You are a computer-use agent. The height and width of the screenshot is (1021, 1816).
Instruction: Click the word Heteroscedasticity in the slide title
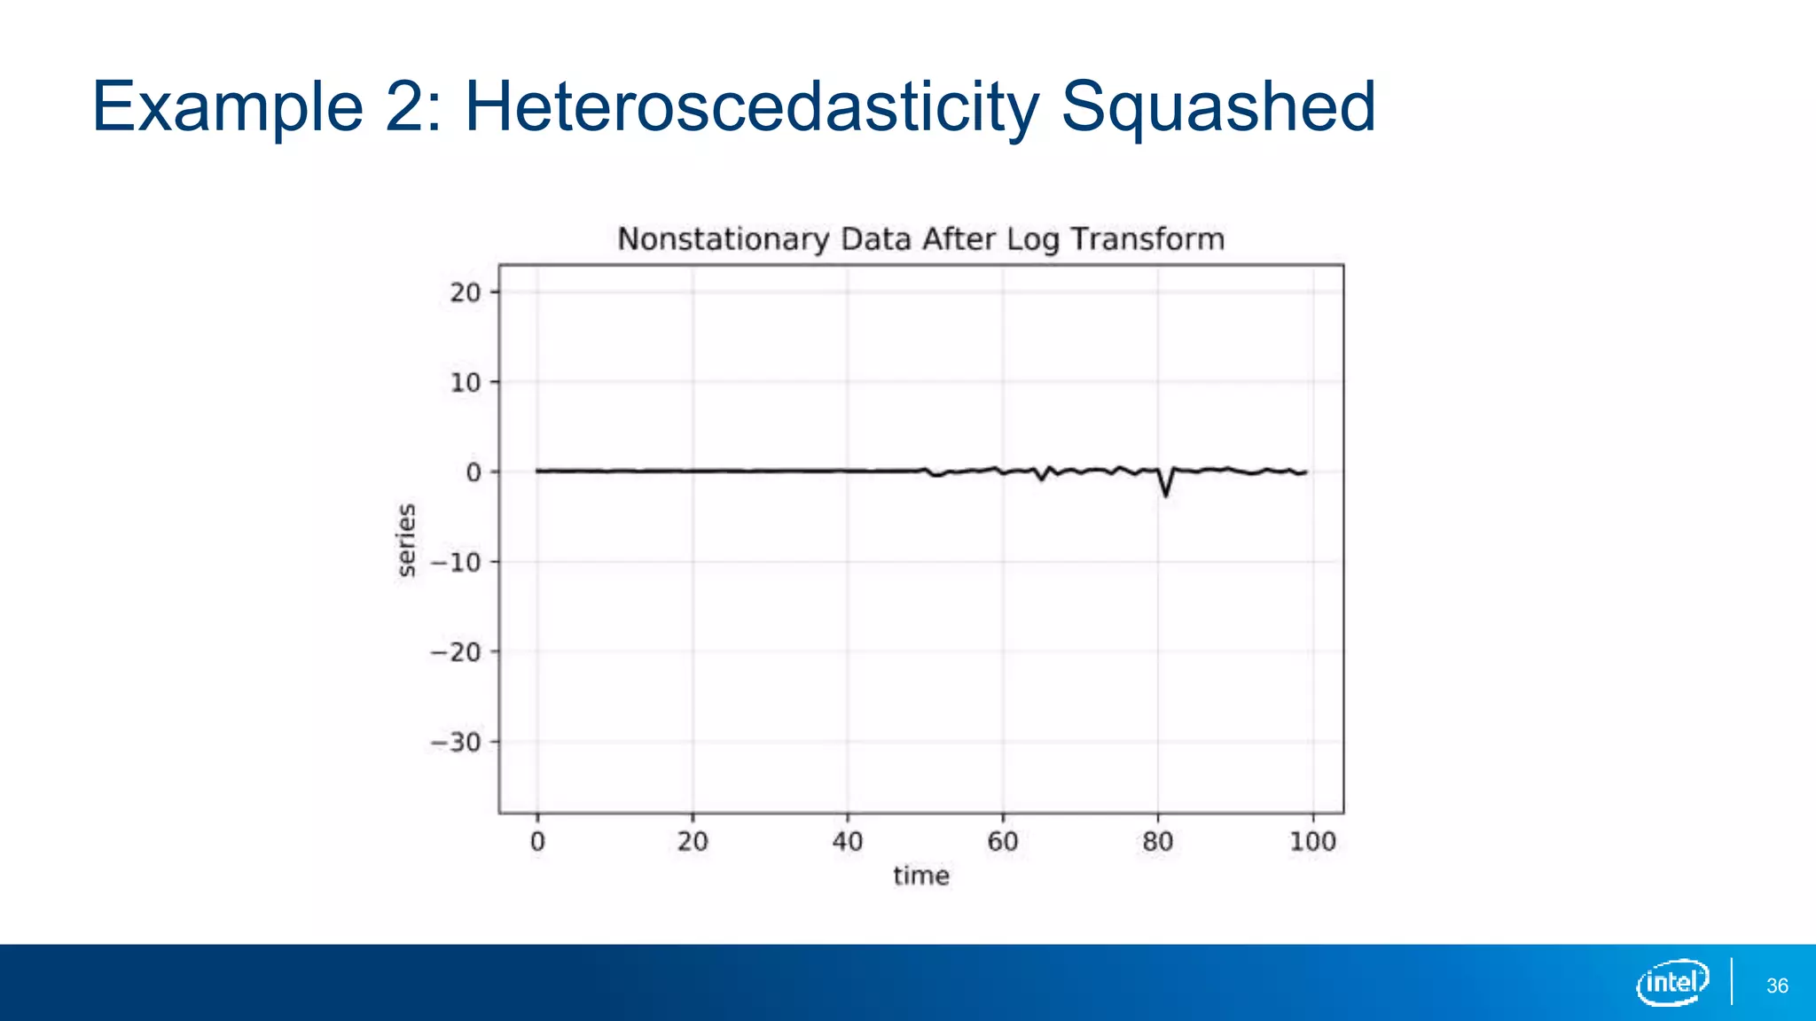pos(751,108)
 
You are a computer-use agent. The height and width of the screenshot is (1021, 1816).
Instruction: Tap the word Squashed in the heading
pos(1217,108)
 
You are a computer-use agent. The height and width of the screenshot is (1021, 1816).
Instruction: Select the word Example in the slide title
pos(228,108)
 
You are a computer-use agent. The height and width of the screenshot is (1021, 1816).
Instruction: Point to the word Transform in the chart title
pos(1147,239)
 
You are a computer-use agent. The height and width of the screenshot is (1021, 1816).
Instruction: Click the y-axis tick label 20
pos(466,292)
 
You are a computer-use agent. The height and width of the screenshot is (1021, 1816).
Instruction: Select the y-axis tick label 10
pos(466,383)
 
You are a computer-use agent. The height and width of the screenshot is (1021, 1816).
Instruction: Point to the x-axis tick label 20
pos(693,841)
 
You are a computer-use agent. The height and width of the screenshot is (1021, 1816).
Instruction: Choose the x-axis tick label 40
pos(848,841)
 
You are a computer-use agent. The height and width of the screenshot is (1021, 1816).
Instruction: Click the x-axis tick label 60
pos(1003,841)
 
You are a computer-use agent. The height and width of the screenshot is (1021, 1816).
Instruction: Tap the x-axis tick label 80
pos(1158,841)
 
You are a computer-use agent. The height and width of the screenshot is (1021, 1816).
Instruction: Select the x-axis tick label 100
pos(1312,841)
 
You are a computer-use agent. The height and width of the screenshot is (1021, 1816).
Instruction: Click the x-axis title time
pos(921,877)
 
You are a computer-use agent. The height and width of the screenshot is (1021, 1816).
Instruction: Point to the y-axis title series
pos(406,540)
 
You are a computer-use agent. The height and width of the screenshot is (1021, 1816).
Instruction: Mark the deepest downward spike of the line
pos(1166,494)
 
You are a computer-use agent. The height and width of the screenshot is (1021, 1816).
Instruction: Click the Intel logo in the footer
pos(1673,982)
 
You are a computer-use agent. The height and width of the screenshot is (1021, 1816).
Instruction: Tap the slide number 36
pos(1777,986)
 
